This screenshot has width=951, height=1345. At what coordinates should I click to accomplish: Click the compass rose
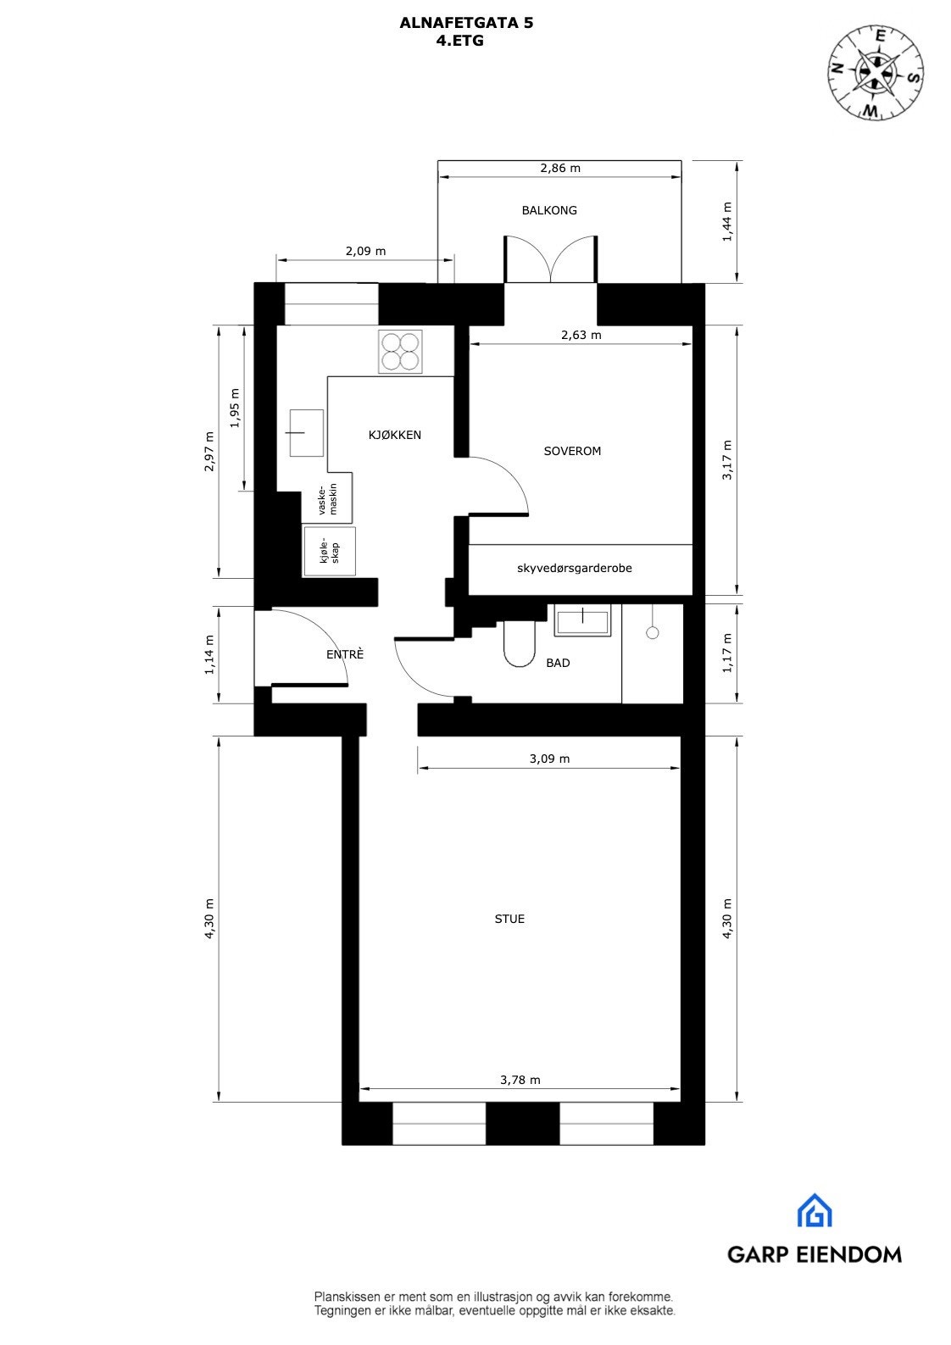point(876,72)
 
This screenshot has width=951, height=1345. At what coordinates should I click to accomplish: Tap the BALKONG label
point(549,210)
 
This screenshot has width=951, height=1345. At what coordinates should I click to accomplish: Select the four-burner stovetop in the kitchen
point(400,352)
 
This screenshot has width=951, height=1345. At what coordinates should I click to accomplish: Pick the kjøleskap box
point(329,552)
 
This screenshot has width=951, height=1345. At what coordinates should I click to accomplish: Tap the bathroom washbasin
point(581,620)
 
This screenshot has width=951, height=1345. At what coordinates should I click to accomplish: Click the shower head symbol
point(652,631)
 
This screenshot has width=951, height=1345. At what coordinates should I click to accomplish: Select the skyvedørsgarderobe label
point(574,568)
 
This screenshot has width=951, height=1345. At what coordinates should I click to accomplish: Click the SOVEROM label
point(572,451)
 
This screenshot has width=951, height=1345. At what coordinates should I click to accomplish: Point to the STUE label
point(509,919)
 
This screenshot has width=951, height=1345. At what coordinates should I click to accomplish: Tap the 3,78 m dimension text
point(520,1080)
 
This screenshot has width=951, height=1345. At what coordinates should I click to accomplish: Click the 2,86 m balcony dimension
point(560,168)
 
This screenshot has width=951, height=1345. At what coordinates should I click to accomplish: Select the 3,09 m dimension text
point(549,759)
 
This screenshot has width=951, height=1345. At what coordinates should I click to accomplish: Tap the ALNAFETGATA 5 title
point(466,25)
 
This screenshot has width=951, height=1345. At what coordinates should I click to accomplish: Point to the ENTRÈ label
point(345,654)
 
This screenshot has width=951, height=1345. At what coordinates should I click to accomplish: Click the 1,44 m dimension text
point(726,222)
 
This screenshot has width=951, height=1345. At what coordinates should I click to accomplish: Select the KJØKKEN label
point(394,435)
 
